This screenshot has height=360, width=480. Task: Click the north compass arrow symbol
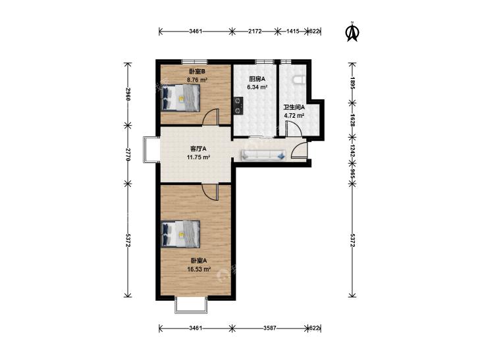coord(352,32)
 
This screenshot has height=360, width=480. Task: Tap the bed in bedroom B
coord(180,97)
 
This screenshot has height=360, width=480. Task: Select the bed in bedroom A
coord(180,234)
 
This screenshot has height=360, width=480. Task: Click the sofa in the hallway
coord(263,155)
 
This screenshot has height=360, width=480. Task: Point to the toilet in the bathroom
coord(300,80)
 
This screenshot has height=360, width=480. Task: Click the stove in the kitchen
coord(238,105)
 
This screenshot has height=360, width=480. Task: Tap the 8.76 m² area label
coord(197,80)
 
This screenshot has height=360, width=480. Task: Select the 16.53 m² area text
coord(199,269)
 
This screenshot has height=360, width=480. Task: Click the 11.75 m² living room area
coord(198,157)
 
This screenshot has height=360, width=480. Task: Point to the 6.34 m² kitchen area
coord(257,87)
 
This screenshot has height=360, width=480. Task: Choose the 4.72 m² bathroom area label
coord(294,116)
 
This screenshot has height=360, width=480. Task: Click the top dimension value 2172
coord(255,31)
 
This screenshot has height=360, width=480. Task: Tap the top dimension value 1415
coord(292,31)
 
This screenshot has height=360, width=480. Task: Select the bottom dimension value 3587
coord(270,328)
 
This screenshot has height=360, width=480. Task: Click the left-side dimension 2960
coord(128,95)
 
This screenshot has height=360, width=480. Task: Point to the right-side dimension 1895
coord(352,82)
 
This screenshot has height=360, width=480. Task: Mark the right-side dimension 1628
coord(352,120)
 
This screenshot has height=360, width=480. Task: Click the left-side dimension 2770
coord(128,155)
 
